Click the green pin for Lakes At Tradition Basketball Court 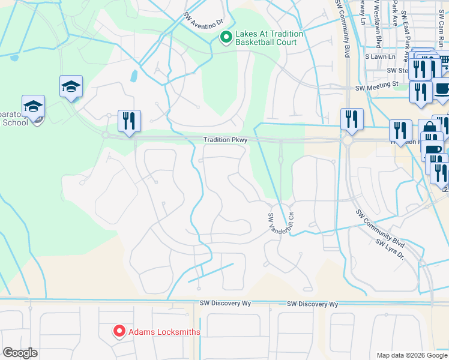pos(226,38)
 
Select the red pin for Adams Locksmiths pos(119,331)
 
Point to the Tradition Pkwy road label pos(225,140)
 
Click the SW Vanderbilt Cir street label pos(279,218)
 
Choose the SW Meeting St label pos(376,88)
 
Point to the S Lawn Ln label pos(381,57)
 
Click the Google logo pos(20,353)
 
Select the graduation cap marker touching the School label pos(34,107)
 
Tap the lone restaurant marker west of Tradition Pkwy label pos(129,122)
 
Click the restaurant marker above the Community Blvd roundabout pos(352,119)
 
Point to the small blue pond pos(133,76)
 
